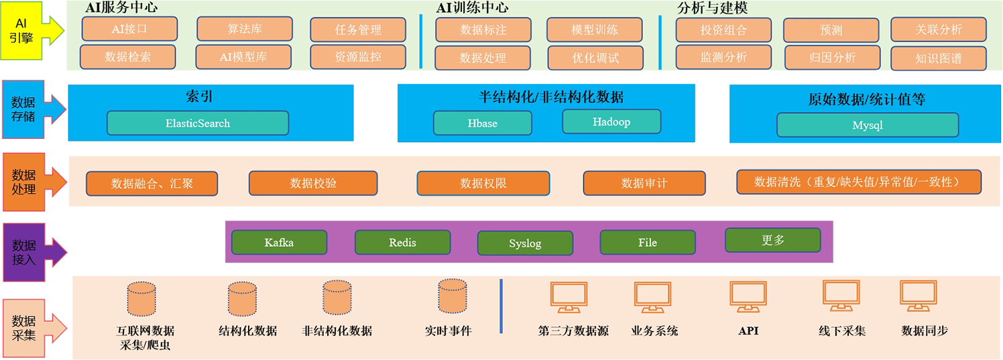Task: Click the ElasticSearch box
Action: pos(198,123)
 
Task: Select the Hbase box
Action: pos(483,123)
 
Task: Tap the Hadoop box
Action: pos(611,122)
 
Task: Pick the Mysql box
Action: pos(868,125)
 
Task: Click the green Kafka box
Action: pos(279,243)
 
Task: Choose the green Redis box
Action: pos(402,243)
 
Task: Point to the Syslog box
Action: pos(525,243)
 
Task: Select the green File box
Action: pos(648,243)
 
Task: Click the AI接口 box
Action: pos(129,29)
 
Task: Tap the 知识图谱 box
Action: pos(938,58)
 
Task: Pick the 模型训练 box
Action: pos(595,30)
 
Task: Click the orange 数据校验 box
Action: pos(313,183)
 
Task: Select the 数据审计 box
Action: pos(644,183)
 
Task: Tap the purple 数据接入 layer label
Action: pos(24,251)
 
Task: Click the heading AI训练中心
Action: pos(472,8)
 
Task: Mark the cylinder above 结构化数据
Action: pos(242,299)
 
